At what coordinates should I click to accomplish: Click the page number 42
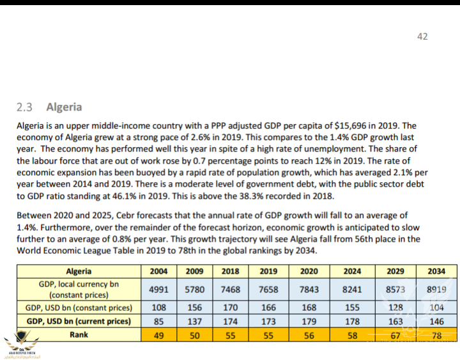click(x=422, y=36)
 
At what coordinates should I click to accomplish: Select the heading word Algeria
click(x=64, y=107)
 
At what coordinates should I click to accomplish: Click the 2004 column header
click(x=158, y=271)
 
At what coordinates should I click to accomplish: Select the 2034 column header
click(x=436, y=271)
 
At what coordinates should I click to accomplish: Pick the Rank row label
click(x=79, y=334)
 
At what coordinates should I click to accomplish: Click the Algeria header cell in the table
click(x=79, y=271)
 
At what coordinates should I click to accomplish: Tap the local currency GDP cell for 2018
click(x=230, y=289)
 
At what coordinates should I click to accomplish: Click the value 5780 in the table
click(x=194, y=289)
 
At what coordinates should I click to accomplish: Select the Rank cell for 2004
click(x=158, y=334)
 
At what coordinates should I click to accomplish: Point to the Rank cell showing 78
click(x=436, y=334)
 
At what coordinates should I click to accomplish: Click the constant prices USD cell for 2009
click(x=194, y=308)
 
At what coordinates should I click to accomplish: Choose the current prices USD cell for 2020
click(x=309, y=320)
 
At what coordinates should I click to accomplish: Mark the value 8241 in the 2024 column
click(x=352, y=289)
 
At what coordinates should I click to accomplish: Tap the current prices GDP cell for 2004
click(x=158, y=320)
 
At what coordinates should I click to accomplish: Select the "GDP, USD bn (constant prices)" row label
click(x=79, y=308)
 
